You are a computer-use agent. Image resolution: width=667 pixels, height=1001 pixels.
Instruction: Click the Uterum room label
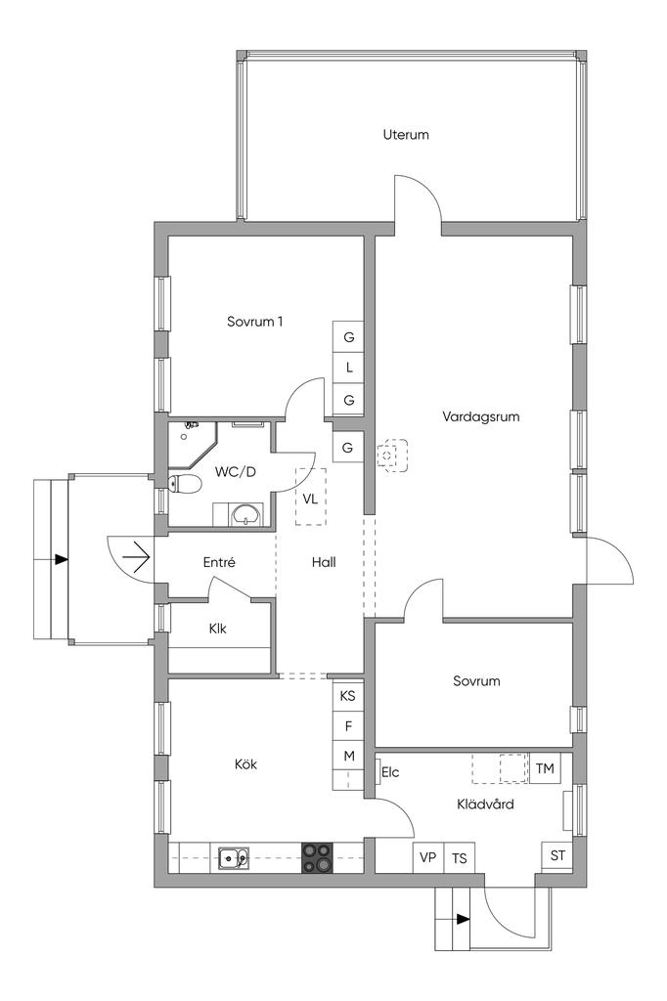coord(406,135)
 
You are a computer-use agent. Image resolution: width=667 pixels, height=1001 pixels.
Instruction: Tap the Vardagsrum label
coord(480,416)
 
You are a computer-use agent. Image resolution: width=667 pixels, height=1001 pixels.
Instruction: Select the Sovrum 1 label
coord(254,321)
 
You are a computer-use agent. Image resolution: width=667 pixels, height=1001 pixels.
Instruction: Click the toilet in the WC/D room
coord(185,485)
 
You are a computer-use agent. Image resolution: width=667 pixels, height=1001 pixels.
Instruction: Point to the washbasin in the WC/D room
coord(246,514)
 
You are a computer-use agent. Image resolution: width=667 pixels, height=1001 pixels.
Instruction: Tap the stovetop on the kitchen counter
coord(318,857)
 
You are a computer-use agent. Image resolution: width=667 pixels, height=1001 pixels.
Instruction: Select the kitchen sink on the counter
coord(234,858)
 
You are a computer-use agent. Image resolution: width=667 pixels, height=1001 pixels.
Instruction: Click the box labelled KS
coord(348,696)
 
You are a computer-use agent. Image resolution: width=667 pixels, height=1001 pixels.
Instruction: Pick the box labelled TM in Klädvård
coord(545,768)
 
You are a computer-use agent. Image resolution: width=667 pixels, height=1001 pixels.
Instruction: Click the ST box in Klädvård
coord(557,856)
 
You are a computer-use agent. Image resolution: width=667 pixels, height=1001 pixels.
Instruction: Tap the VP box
coord(428,857)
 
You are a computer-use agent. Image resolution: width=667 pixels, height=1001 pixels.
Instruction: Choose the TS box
coord(460,857)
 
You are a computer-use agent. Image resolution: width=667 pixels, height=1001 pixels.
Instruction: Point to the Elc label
coord(390,772)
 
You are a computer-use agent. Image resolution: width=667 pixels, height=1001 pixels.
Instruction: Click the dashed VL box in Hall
coord(310,497)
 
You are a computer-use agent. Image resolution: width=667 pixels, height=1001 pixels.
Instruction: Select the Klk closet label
coord(217,629)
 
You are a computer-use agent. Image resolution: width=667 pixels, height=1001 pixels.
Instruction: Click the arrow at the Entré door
coord(136,558)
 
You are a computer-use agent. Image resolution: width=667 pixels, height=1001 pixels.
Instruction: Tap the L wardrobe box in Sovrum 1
coord(348,368)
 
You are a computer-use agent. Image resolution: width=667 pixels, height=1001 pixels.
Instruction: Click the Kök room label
coord(245,764)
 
